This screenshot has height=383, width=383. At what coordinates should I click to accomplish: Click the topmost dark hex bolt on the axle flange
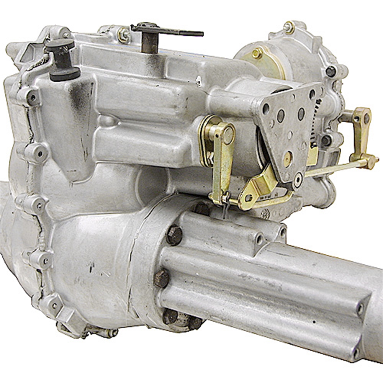175,235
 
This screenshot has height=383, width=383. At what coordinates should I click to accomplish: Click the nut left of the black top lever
123,35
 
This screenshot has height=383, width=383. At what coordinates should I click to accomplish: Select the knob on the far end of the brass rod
372,161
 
